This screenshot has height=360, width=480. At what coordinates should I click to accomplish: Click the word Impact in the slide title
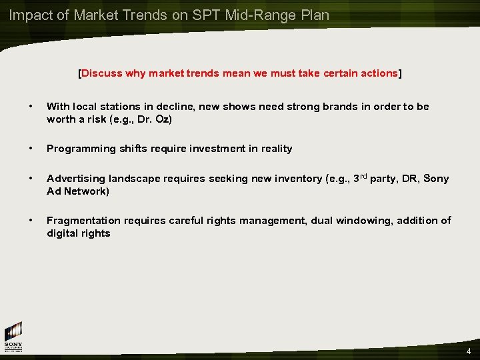(x=29, y=15)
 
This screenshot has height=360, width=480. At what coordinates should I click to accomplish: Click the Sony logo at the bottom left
(x=13, y=337)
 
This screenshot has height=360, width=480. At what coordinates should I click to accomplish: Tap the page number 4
(x=469, y=351)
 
